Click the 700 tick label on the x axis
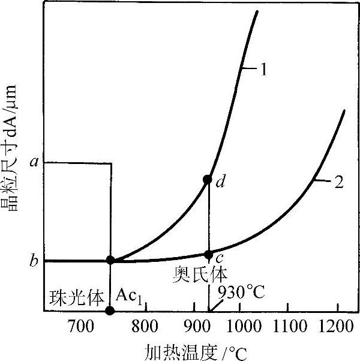(x=79, y=327)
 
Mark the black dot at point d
(x=208, y=179)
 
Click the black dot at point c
(x=208, y=255)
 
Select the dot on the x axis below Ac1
(x=109, y=311)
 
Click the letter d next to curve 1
(x=221, y=182)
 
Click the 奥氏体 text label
(x=201, y=274)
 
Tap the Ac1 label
(x=130, y=296)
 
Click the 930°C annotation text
(x=241, y=294)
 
